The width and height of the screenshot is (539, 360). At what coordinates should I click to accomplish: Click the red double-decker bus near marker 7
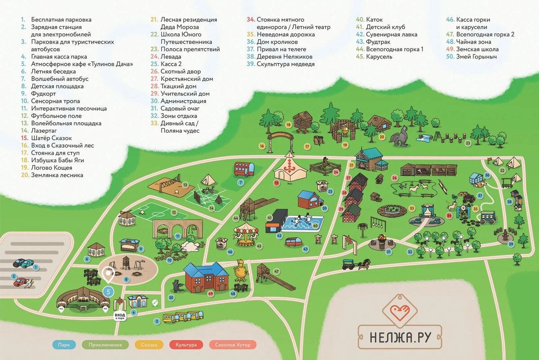point(244,169)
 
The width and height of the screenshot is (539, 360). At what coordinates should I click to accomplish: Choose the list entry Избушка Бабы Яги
point(57,160)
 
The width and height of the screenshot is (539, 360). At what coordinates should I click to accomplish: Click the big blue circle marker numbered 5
point(107,291)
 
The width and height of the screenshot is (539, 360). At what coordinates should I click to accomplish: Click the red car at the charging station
point(21,282)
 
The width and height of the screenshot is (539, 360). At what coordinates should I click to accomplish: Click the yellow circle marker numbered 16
point(261,146)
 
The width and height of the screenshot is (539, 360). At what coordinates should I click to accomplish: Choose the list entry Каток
point(375,20)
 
